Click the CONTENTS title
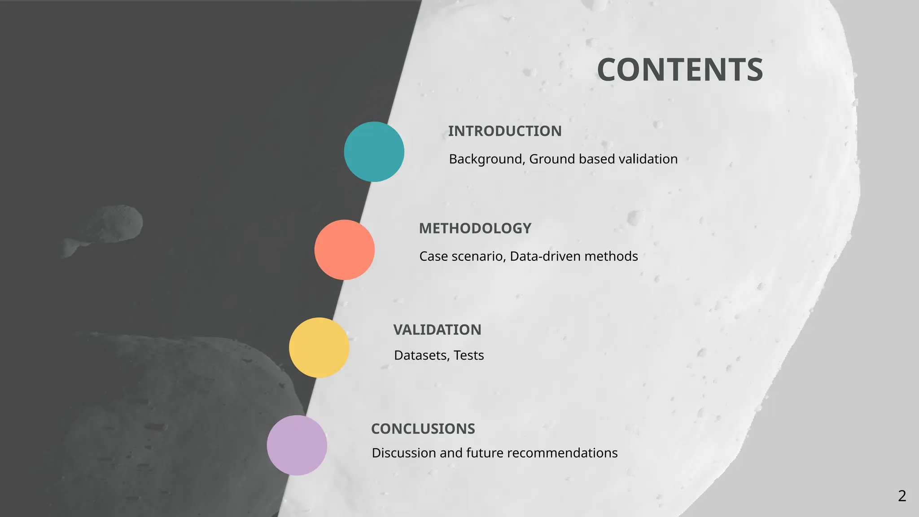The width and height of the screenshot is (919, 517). click(680, 70)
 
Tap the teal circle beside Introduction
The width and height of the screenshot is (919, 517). click(374, 152)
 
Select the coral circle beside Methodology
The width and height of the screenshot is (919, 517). click(344, 250)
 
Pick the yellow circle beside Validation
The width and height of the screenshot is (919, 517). click(319, 347)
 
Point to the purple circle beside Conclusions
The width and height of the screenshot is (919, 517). click(297, 445)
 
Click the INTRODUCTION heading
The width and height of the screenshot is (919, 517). click(505, 131)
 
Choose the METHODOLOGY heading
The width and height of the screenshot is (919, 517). click(475, 228)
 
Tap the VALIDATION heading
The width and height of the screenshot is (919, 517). click(437, 330)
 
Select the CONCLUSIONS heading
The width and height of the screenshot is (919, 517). click(423, 429)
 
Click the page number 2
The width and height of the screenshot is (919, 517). click(902, 496)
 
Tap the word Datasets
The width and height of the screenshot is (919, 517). click(421, 355)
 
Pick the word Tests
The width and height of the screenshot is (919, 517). click(469, 355)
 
